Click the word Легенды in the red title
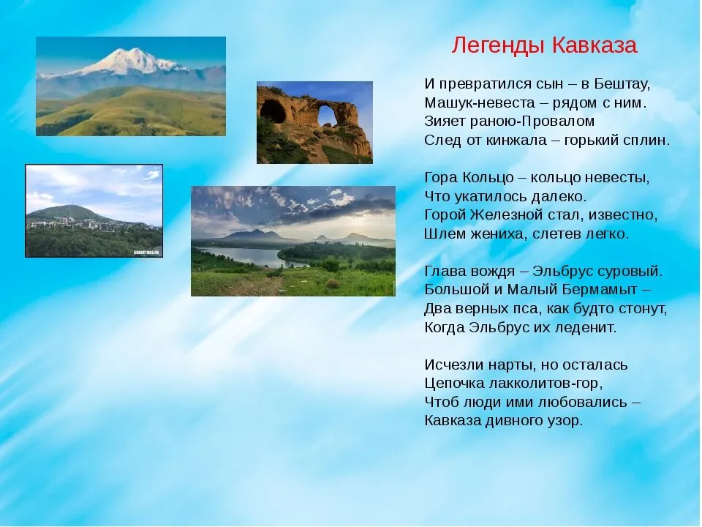point(497,45)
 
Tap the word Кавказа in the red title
point(594,45)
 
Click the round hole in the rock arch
point(328,115)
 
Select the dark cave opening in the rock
point(273,111)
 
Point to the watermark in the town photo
point(147,253)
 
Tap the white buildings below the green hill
point(76,223)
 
